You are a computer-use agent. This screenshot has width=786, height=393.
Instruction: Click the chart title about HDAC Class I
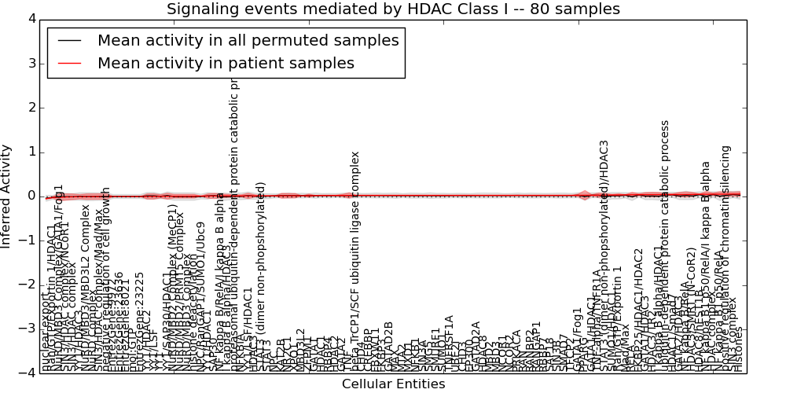(x=393, y=9)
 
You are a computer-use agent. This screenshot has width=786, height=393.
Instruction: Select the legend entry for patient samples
(x=226, y=63)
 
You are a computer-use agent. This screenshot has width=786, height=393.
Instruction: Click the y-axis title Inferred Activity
(x=6, y=196)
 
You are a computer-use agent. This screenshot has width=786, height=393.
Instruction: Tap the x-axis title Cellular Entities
(x=393, y=384)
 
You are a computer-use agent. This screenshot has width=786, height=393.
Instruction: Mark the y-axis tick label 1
(x=30, y=152)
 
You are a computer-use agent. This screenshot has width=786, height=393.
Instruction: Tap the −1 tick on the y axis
(x=26, y=241)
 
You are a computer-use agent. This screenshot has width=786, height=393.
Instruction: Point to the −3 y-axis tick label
(x=26, y=329)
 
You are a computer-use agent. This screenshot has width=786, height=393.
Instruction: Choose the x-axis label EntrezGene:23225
(x=140, y=322)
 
